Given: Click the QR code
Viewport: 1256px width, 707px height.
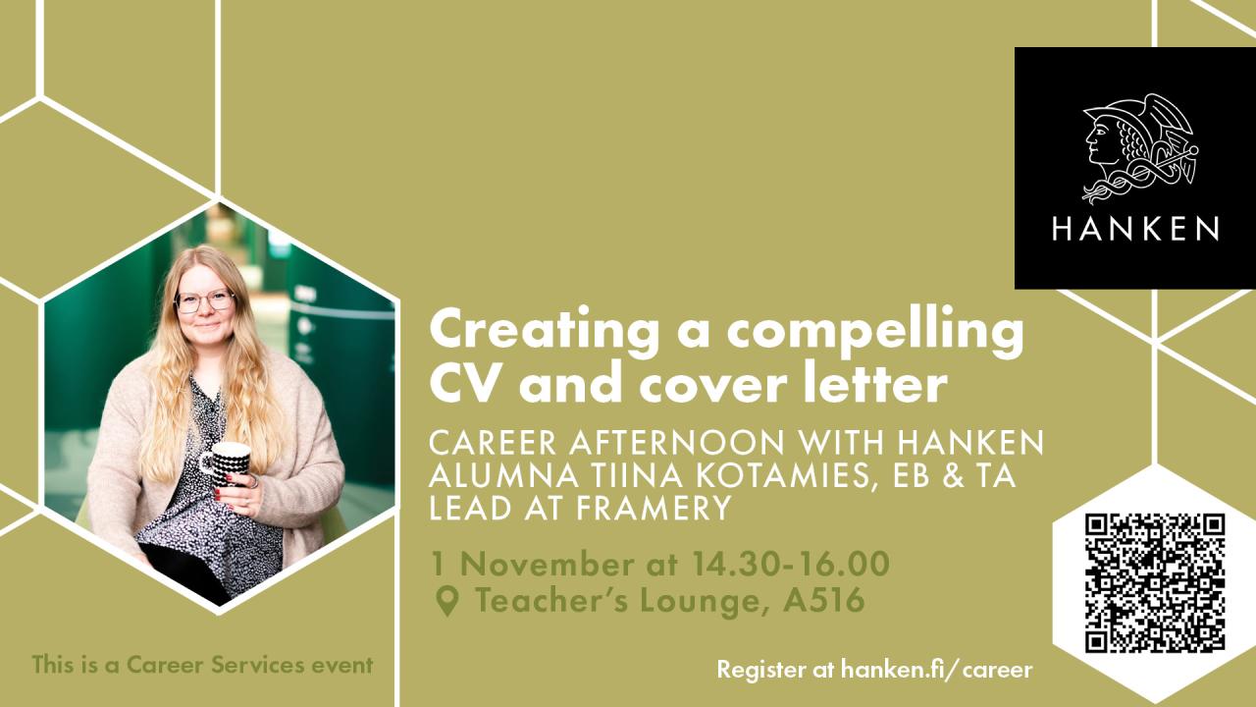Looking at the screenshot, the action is [x=1154, y=583].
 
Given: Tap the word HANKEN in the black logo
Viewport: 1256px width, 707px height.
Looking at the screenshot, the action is [x=1135, y=229].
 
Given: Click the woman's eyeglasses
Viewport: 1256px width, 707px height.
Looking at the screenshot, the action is [x=205, y=301].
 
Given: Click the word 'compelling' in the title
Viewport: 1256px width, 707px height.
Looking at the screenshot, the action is [x=875, y=332].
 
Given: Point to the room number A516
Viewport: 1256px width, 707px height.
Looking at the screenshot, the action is [x=823, y=599].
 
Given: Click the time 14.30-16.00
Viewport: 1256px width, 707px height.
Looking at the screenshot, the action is [x=791, y=564].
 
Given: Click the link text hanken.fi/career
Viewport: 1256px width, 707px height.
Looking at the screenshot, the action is [x=936, y=670].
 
